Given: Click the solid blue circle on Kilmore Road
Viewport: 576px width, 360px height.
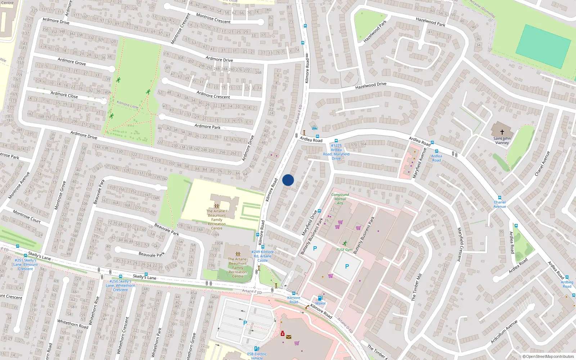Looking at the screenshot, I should tap(288, 180).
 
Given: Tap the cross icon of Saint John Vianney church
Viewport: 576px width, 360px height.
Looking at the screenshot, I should tap(502, 132).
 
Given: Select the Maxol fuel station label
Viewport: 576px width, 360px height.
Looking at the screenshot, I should tap(320, 303).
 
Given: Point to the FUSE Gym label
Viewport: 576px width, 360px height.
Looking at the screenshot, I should tap(345, 249).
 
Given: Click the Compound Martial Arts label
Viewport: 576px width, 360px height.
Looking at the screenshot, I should tap(340, 199).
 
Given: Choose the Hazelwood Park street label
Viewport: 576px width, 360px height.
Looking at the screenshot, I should tap(375, 31).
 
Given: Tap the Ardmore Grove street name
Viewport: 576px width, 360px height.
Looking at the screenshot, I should tap(72, 62).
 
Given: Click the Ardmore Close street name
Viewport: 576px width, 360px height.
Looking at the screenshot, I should tap(64, 95).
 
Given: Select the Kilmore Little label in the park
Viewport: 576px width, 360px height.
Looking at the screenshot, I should tap(127, 105).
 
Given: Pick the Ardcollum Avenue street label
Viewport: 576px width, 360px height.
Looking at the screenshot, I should tap(504, 332).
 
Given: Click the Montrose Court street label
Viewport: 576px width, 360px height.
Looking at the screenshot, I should tap(27, 216).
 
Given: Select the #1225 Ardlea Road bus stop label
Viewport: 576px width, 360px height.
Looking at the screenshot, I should tap(336, 152).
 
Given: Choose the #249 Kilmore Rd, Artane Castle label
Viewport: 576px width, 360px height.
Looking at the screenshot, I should tap(262, 256).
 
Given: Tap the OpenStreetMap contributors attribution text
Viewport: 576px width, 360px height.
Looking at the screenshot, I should tap(548, 357).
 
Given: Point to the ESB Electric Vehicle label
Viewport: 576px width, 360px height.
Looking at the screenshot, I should tap(257, 356).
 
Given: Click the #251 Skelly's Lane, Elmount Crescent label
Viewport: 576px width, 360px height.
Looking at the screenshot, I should tap(26, 264).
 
